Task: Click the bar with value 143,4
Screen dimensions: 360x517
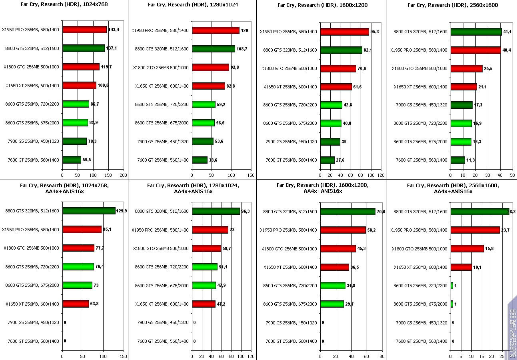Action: [84, 30]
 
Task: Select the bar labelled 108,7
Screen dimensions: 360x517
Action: [213, 49]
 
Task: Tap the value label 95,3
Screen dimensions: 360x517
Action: [375, 32]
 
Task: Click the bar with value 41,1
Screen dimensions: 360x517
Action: [476, 32]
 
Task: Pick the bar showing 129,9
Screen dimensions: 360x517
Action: [89, 211]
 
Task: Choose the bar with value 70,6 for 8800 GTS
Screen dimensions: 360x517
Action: [347, 212]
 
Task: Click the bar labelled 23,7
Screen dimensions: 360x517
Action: [475, 230]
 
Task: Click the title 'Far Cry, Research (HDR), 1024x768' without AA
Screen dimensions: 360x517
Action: [64, 5]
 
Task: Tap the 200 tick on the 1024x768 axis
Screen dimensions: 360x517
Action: [124, 175]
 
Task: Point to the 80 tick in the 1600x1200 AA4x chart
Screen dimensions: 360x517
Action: [382, 356]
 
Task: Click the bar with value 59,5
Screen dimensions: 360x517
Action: [72, 160]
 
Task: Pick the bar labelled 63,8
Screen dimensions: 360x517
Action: [76, 304]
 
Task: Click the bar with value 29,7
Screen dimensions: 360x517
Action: [332, 304]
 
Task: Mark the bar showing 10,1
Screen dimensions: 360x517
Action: [461, 267]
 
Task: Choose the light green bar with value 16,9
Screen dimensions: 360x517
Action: [461, 123]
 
